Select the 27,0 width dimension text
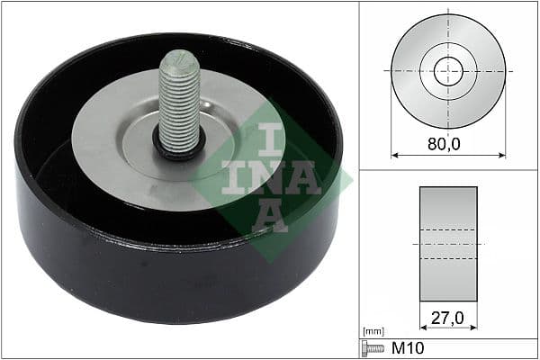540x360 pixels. click(447, 317)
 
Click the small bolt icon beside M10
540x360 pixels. click(371, 348)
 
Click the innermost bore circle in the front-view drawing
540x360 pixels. click(447, 71)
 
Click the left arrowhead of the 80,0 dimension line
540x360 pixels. click(394, 156)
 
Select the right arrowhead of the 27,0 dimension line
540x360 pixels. click(474, 328)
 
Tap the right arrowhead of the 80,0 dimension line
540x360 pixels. click(502, 156)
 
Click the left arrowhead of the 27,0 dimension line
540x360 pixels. click(422, 328)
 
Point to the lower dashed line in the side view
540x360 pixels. click(447, 259)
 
